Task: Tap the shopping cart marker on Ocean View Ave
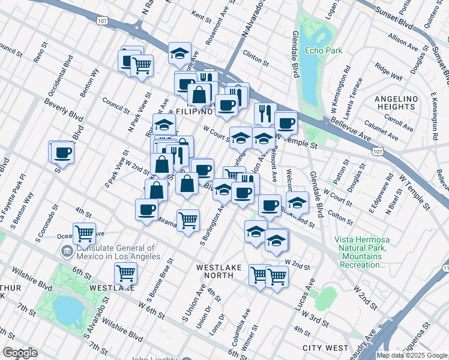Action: (x=84, y=233)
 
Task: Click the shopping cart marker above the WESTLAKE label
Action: (x=125, y=272)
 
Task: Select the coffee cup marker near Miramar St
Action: (x=146, y=209)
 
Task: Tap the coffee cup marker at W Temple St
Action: (x=286, y=122)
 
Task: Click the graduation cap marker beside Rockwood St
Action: (x=297, y=202)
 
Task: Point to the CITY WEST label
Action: (x=325, y=348)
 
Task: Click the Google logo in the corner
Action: (x=20, y=353)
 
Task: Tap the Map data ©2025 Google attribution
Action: (x=412, y=355)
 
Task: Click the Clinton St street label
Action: (x=255, y=58)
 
